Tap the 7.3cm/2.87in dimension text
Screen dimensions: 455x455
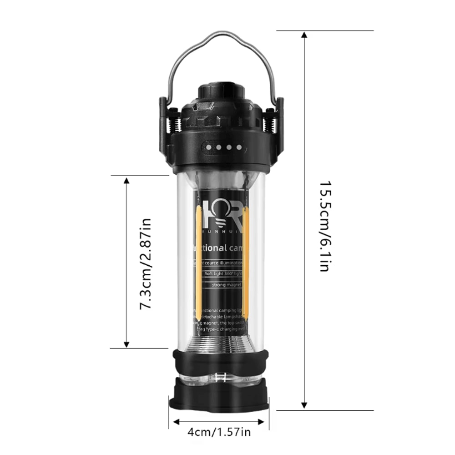[145, 264]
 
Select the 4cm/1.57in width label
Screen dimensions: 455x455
[219, 432]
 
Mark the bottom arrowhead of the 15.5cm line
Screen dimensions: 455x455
[305, 404]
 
